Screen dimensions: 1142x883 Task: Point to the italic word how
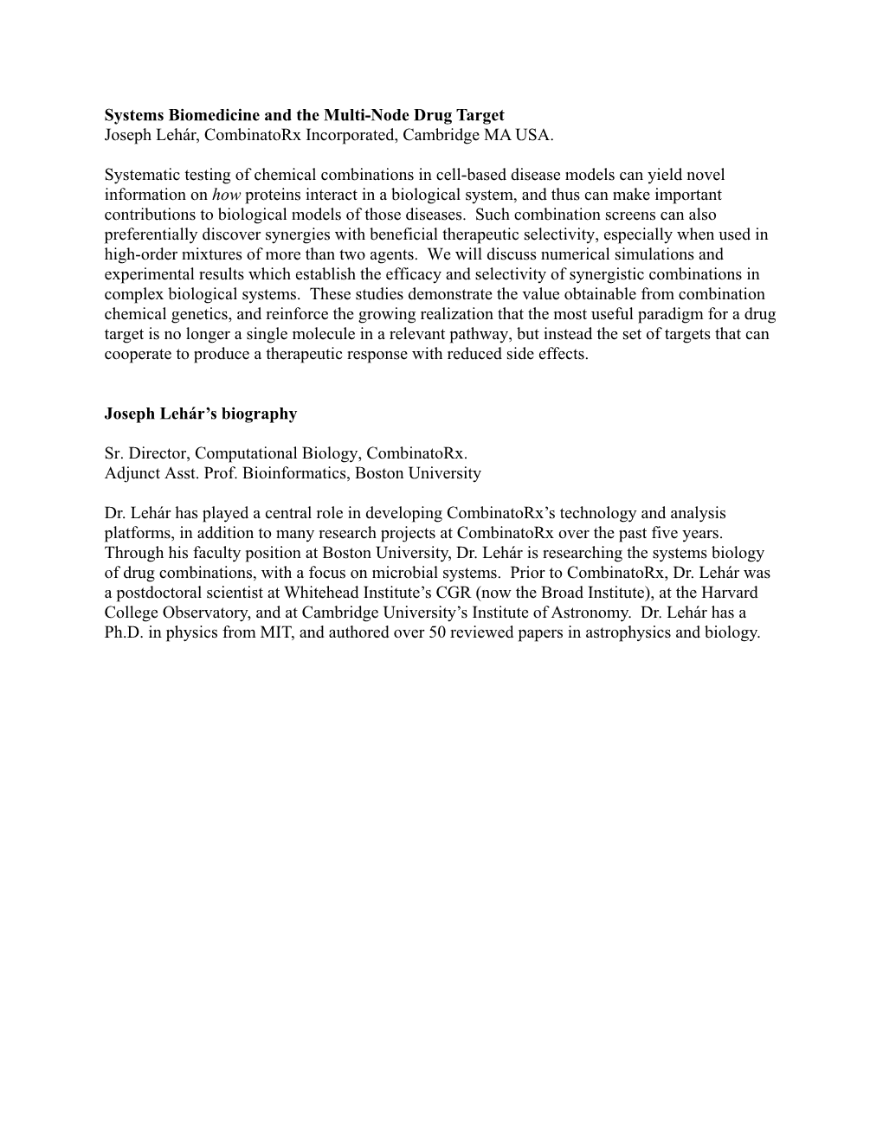coord(226,195)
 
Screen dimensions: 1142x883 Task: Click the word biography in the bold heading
coord(261,414)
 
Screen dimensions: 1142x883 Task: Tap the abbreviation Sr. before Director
coord(114,453)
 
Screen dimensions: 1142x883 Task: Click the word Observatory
coord(203,613)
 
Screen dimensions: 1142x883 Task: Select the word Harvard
coord(729,593)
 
